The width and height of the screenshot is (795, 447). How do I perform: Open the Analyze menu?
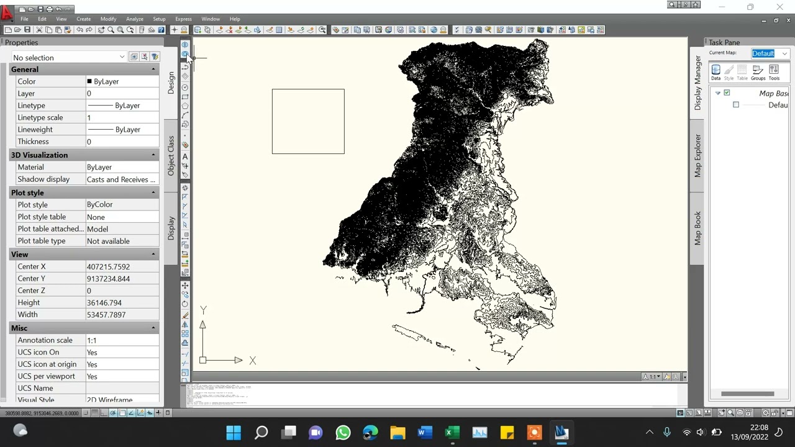tap(134, 19)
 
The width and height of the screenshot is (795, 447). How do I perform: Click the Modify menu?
tap(108, 19)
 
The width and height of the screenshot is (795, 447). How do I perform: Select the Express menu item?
tap(183, 19)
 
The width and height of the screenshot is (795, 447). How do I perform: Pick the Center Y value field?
tap(122, 279)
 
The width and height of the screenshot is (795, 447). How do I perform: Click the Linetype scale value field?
tap(122, 117)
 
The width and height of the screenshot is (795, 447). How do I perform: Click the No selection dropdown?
tap(68, 58)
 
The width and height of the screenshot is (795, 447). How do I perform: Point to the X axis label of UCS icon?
tap(252, 361)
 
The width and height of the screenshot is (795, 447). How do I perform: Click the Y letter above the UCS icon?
tap(203, 310)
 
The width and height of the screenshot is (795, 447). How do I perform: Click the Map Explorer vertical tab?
tap(697, 155)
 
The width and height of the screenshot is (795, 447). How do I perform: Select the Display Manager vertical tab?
tap(697, 83)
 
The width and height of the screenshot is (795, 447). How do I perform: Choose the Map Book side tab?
tap(697, 228)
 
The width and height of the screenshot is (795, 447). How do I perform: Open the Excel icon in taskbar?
tap(452, 433)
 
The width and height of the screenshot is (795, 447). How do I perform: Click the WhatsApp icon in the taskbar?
tap(343, 433)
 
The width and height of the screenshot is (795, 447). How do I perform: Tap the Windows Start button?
tap(234, 433)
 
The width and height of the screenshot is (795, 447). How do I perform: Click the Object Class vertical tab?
tap(171, 155)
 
